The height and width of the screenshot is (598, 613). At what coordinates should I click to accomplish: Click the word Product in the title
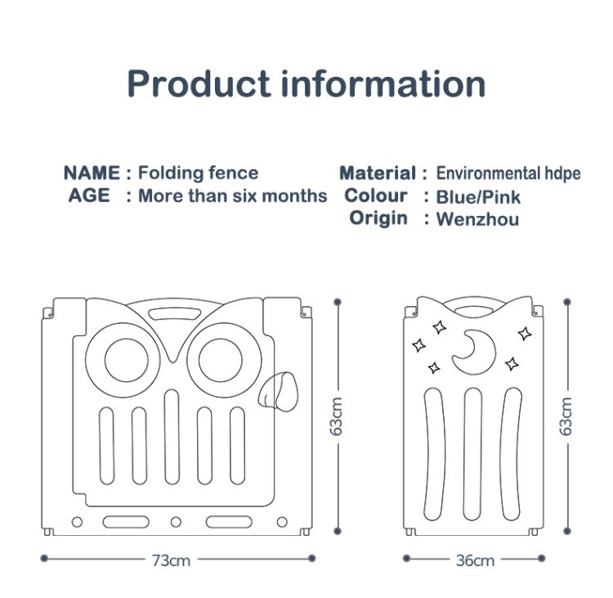point(199,83)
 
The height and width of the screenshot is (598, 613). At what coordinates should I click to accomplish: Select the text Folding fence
point(199,173)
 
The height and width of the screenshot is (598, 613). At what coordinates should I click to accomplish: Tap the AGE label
point(89,196)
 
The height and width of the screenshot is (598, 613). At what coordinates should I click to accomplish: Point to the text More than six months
point(233,196)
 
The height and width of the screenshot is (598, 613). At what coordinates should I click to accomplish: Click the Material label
point(378,173)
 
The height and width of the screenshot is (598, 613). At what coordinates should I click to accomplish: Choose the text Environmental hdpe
point(508,173)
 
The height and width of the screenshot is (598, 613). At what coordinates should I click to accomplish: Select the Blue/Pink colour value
point(478,197)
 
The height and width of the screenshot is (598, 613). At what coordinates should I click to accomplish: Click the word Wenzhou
point(478,219)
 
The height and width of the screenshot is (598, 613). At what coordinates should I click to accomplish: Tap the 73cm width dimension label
point(171,560)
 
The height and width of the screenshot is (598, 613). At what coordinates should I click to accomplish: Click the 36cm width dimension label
point(475,560)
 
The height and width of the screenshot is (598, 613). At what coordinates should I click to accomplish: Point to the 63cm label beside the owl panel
point(336,416)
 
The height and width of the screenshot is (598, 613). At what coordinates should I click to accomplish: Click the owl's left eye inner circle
point(126,360)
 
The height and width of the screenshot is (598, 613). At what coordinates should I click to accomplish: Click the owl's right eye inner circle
point(221,360)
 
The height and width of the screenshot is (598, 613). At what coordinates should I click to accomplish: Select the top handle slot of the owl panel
point(175,313)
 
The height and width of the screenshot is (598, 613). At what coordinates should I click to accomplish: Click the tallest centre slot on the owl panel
point(172,437)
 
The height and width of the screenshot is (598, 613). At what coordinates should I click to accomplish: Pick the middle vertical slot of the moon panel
point(473,454)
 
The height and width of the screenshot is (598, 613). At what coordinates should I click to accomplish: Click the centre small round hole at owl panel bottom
point(176,522)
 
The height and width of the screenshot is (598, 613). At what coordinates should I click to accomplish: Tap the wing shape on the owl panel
point(278,391)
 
